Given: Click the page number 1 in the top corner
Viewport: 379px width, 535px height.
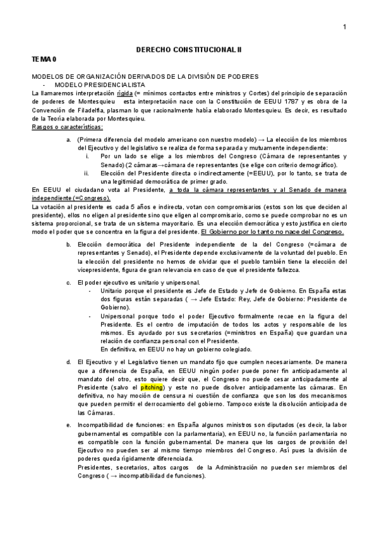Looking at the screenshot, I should (x=344, y=26).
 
